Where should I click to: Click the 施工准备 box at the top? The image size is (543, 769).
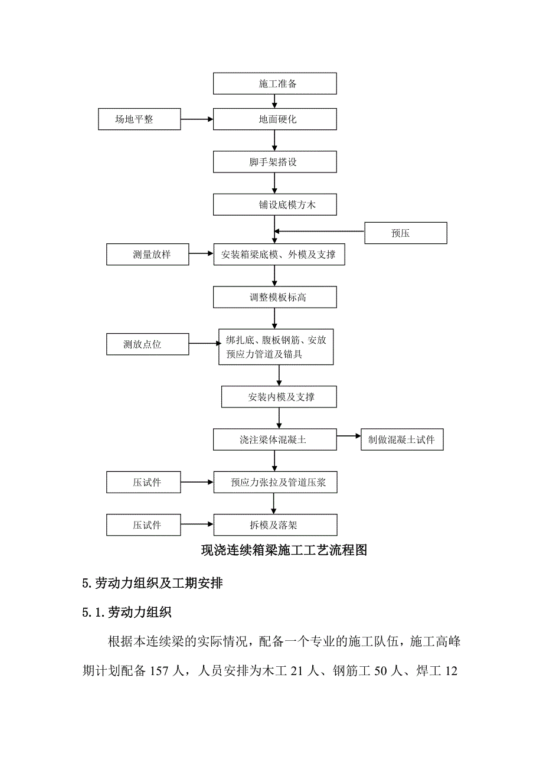click(274, 83)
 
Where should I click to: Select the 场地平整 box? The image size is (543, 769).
click(139, 119)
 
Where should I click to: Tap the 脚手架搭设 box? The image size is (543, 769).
click(274, 162)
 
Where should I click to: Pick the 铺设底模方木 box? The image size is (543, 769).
click(274, 205)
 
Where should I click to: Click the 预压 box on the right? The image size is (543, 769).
click(405, 233)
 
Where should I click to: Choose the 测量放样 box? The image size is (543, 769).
click(148, 255)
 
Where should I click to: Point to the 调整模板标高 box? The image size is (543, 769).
click(274, 297)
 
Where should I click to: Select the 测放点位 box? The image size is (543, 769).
click(148, 344)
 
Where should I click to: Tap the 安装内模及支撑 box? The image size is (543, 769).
click(279, 397)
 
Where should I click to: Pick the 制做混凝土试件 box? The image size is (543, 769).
click(402, 440)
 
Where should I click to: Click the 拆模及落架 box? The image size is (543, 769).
click(274, 524)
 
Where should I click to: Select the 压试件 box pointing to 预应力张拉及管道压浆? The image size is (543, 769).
click(143, 482)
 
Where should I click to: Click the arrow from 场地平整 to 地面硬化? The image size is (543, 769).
click(197, 119)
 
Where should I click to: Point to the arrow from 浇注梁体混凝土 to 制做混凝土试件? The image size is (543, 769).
click(349, 436)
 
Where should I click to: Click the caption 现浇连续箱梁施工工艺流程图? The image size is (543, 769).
click(284, 550)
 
